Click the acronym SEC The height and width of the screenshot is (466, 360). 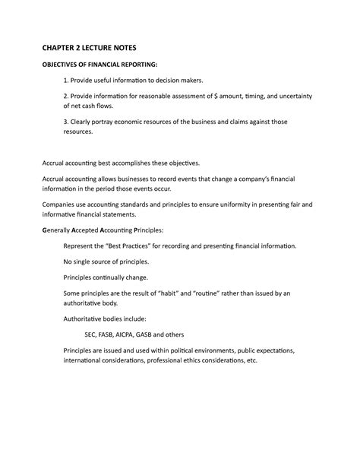[92, 334]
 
